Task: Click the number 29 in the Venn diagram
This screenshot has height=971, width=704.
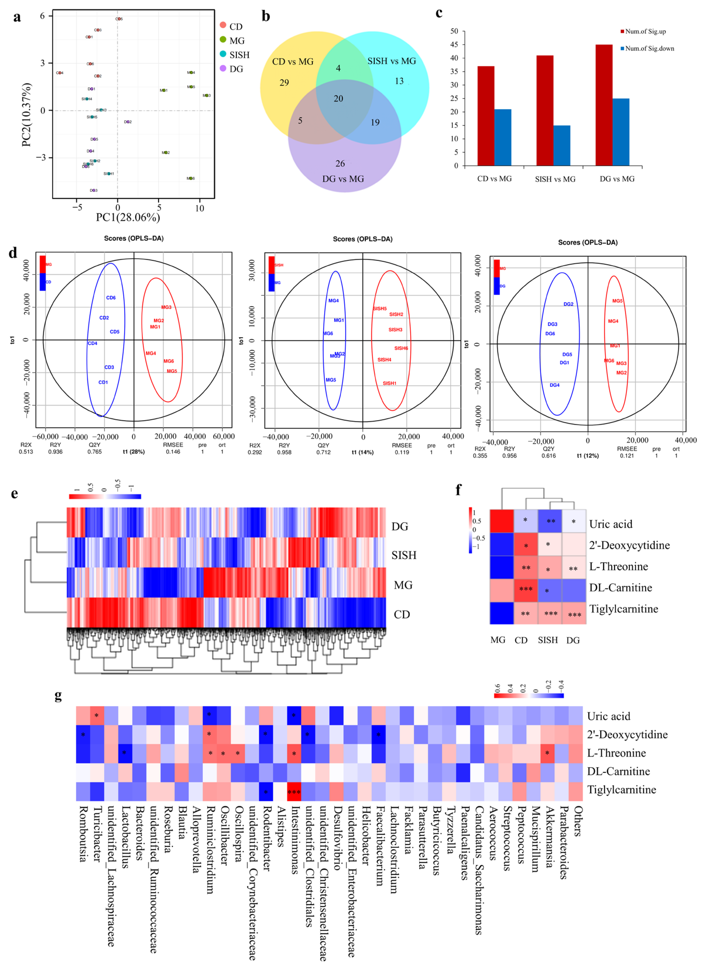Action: (x=284, y=83)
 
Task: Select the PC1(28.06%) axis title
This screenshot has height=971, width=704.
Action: (x=128, y=218)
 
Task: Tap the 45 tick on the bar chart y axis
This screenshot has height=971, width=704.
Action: (x=454, y=45)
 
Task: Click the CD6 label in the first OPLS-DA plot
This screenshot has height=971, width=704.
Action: (x=111, y=298)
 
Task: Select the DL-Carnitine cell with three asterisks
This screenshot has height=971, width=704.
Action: (x=526, y=589)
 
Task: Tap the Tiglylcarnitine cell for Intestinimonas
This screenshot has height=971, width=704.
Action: (x=294, y=792)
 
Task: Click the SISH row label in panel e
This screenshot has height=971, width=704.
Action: (x=404, y=555)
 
